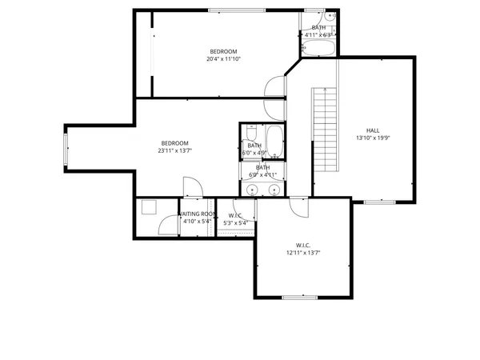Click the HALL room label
pos(373,130)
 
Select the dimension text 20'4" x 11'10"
pos(224,58)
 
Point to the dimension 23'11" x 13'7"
pos(174,150)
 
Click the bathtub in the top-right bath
pos(318,47)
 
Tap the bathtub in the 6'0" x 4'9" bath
pos(274,142)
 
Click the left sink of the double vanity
pos(254,190)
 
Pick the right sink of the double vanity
pos(274,190)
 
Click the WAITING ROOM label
pos(196,214)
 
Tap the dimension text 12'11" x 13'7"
pos(303,253)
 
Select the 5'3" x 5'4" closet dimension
pos(236,222)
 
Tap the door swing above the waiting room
pos(192,188)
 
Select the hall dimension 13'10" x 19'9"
pos(373,138)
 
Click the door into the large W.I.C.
pos(297,206)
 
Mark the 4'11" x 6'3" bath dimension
pos(318,35)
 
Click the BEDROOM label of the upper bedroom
pos(224,51)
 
